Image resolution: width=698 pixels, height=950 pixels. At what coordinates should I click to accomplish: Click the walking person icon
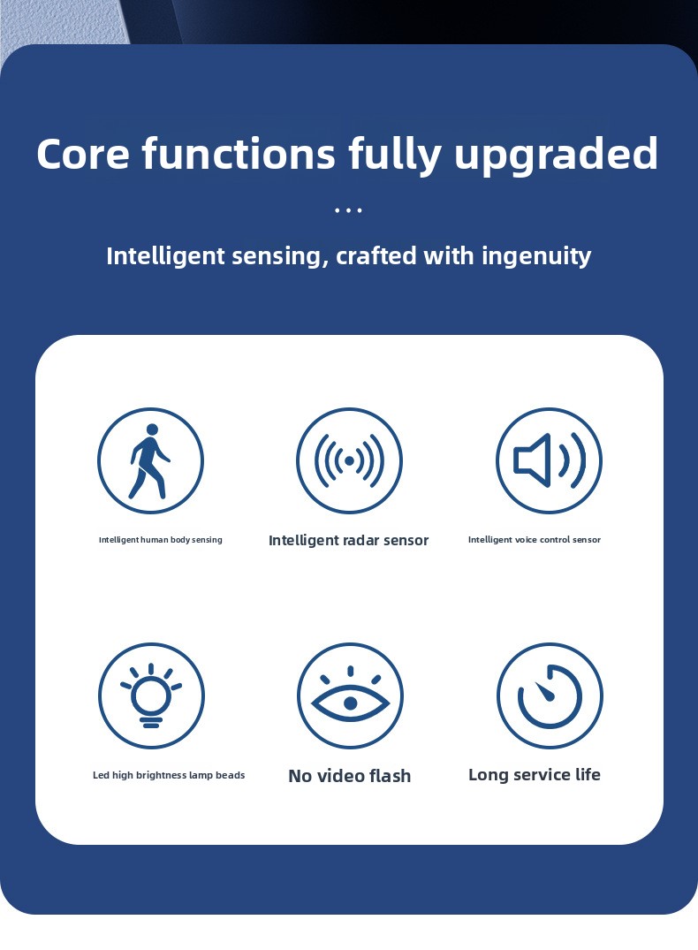click(149, 460)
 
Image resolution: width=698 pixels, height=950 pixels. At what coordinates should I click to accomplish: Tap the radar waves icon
click(349, 460)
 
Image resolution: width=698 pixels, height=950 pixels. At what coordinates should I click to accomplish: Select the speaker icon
click(549, 460)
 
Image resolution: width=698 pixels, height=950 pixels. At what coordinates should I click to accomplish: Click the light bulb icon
click(151, 695)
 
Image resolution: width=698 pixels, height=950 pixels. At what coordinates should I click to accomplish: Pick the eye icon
click(350, 695)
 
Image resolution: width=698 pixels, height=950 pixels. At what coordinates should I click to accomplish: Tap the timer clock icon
click(550, 695)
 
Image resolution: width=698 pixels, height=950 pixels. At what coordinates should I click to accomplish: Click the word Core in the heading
click(83, 153)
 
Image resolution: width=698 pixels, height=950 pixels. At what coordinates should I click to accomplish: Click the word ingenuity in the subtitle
click(536, 256)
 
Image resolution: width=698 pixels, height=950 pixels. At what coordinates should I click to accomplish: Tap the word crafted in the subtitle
click(376, 255)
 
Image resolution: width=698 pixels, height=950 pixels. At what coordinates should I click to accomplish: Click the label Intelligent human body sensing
click(161, 540)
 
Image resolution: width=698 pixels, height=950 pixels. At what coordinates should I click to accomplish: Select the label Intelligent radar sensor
click(348, 541)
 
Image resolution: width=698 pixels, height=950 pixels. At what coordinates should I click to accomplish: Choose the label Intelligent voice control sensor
click(535, 540)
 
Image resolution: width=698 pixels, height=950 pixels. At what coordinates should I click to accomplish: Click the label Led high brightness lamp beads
click(169, 776)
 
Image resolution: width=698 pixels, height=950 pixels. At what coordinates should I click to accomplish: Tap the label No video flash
click(350, 776)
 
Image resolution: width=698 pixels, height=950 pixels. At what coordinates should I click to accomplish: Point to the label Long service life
click(535, 775)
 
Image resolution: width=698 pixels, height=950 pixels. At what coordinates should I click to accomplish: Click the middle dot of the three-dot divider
click(348, 211)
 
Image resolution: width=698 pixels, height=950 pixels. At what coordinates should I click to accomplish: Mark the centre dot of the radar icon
click(349, 461)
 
